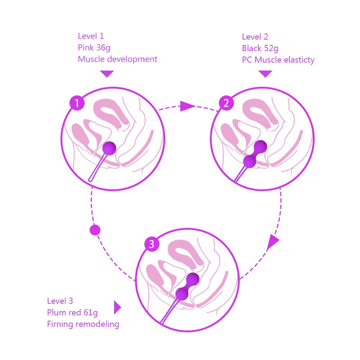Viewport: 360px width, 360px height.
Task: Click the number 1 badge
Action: (77, 104)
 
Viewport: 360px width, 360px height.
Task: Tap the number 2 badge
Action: (226, 104)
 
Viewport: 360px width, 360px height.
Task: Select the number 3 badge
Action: (152, 244)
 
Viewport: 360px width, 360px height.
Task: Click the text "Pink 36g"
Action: (91, 48)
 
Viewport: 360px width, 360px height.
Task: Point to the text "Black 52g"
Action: (260, 48)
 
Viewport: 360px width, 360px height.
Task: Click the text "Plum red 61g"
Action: (72, 312)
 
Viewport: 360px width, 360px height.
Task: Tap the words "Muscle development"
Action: (117, 59)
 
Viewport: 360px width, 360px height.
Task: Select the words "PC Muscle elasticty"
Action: (278, 60)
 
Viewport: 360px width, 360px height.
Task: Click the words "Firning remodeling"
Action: (83, 324)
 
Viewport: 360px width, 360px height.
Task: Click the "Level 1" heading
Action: (91, 36)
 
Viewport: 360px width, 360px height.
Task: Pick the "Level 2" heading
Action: (255, 37)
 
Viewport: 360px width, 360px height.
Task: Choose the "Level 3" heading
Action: (60, 301)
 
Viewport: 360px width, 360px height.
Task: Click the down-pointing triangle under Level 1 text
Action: (107, 74)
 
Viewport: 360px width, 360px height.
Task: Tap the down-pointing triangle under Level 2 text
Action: (265, 74)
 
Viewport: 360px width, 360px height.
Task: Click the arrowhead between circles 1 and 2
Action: (186, 106)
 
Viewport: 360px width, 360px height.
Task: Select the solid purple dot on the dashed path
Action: (95, 230)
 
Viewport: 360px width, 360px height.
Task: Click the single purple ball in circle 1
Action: (109, 148)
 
